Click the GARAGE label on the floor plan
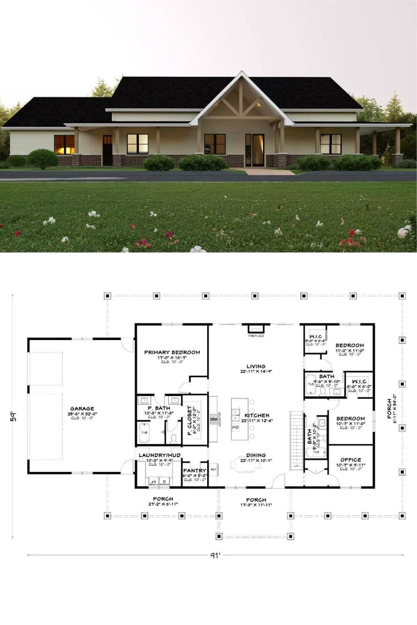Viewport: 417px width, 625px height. (82, 409)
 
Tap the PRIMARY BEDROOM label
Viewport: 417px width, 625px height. (172, 352)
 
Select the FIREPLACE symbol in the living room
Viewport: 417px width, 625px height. (256, 330)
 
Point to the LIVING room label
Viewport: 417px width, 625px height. (256, 367)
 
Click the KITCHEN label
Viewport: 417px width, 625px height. (257, 416)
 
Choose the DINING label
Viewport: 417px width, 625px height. (256, 455)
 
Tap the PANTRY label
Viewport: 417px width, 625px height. (195, 471)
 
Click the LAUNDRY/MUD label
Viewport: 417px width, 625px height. (160, 455)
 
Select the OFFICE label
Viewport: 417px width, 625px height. (351, 460)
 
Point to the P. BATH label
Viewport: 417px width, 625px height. (159, 408)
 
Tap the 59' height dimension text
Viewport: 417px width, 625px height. (14, 417)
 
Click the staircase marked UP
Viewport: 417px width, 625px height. (295, 437)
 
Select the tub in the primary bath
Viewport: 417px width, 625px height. (144, 432)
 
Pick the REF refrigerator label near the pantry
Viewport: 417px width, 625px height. (214, 469)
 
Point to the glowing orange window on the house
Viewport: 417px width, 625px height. (64, 144)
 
